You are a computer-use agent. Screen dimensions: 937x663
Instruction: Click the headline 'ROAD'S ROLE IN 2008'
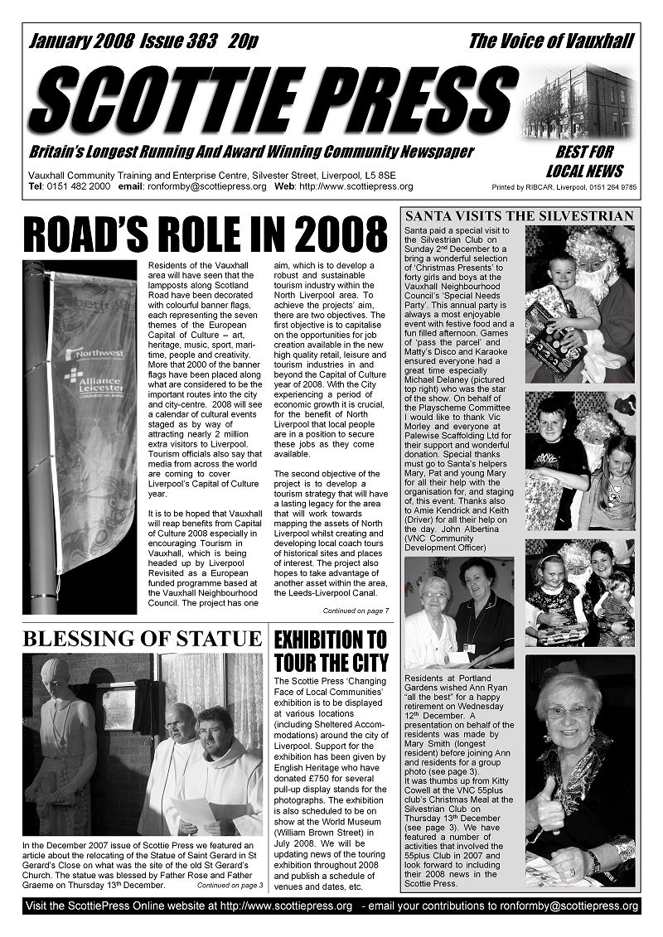pos(206,234)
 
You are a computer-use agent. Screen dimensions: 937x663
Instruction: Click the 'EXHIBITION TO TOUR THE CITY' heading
pos(331,651)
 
